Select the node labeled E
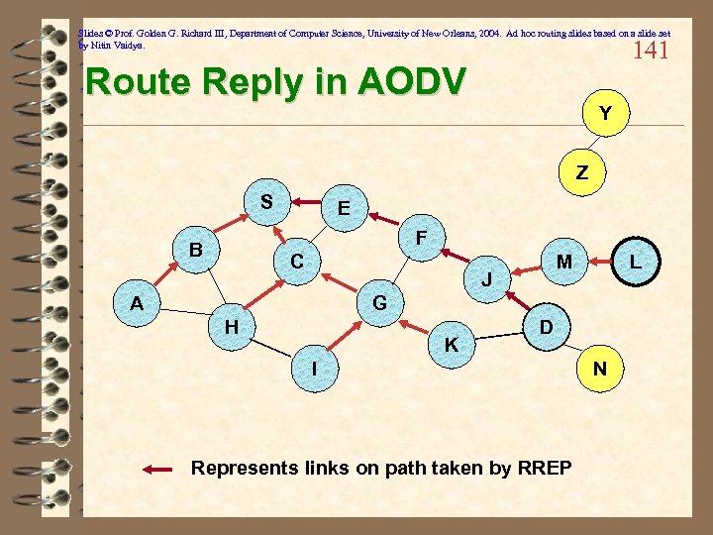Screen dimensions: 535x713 (343, 209)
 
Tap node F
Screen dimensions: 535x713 (422, 238)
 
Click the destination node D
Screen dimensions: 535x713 (546, 326)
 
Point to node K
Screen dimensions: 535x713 (452, 345)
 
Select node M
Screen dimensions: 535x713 (563, 262)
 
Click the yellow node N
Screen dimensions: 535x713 (600, 370)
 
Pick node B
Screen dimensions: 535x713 (197, 250)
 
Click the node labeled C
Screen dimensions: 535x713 (297, 262)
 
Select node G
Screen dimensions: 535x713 (379, 302)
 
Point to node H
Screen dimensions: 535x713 (231, 326)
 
